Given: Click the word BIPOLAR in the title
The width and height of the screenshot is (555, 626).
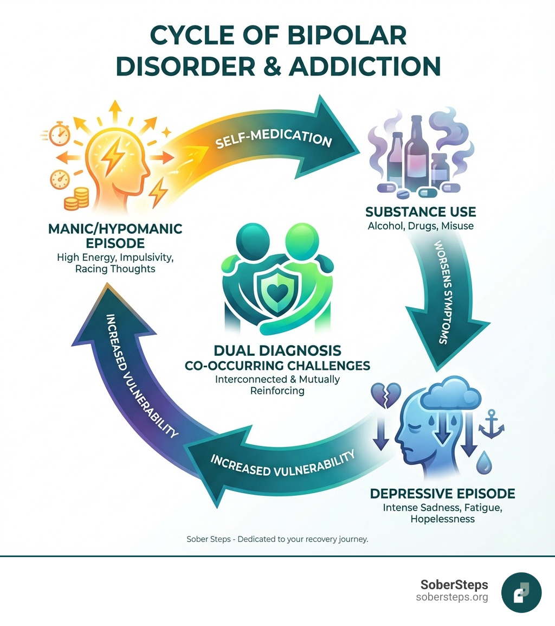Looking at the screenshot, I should (335, 35).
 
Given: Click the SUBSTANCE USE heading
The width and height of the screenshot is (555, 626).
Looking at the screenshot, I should (421, 212).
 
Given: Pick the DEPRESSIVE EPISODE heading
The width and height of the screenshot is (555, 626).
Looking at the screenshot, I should (442, 494).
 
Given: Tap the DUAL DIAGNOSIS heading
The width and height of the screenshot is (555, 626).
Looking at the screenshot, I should (277, 350).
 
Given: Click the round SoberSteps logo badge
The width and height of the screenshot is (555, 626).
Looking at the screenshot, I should (521, 592).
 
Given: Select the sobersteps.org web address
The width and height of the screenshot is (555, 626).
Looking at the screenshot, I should (452, 597).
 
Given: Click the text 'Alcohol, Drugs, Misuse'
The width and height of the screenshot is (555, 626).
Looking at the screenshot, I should (421, 226).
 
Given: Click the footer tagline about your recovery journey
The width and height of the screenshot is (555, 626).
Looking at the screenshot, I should (277, 540).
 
